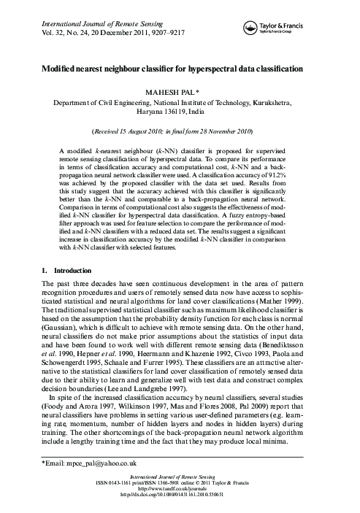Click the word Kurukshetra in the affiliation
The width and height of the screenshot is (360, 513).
[x=294, y=104]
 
